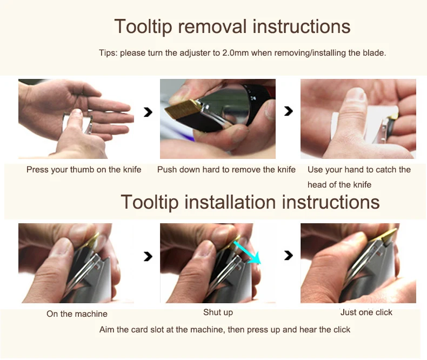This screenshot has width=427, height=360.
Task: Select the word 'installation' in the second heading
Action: [230, 202]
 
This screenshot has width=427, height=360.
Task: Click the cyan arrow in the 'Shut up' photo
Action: [247, 252]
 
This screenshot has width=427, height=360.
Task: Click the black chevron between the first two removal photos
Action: [148, 112]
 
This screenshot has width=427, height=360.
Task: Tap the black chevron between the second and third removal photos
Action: [289, 111]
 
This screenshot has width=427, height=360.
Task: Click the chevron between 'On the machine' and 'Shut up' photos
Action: [148, 256]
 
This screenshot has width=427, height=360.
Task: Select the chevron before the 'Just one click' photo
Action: [289, 256]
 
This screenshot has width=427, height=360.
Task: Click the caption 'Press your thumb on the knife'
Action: [84, 170]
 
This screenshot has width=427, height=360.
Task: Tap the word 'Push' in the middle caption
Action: [165, 170]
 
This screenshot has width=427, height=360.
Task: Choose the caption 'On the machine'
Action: [77, 314]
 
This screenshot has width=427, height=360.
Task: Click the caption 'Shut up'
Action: [218, 312]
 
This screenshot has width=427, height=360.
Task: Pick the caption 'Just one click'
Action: [366, 312]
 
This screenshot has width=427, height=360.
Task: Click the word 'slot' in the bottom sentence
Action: [157, 330]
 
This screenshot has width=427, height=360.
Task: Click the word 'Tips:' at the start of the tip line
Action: [108, 53]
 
